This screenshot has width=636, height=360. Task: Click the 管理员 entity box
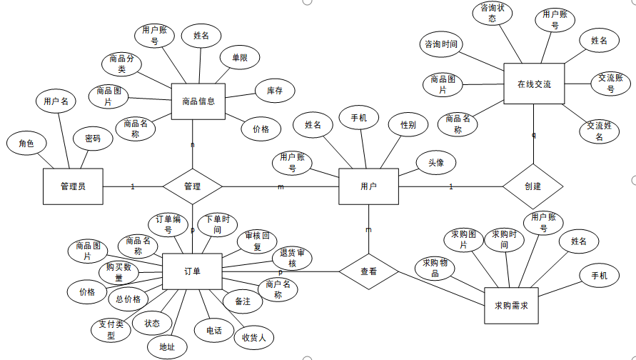coord(73,187)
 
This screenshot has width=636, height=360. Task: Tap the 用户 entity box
coord(368,186)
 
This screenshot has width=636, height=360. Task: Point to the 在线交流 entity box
coord(534,84)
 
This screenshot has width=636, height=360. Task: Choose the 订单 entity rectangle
coord(192,271)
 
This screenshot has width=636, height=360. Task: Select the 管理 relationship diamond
coord(192,187)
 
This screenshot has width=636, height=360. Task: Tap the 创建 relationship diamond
coord(532,186)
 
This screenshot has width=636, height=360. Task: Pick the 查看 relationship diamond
coord(368,271)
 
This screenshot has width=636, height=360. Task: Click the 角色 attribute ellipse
coord(27,143)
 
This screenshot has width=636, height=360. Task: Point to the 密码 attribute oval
coord(93,139)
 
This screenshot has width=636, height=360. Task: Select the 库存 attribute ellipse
coord(275,91)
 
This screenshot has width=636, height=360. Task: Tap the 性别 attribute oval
coord(408,125)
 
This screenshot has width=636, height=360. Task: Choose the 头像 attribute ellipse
coord(436,164)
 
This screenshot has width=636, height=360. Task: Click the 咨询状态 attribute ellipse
coord(493,13)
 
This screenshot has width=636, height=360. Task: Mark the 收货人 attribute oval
coord(253,337)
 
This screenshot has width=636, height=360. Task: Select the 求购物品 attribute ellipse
coord(435,269)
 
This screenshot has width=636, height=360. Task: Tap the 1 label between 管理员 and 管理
coord(133,187)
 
